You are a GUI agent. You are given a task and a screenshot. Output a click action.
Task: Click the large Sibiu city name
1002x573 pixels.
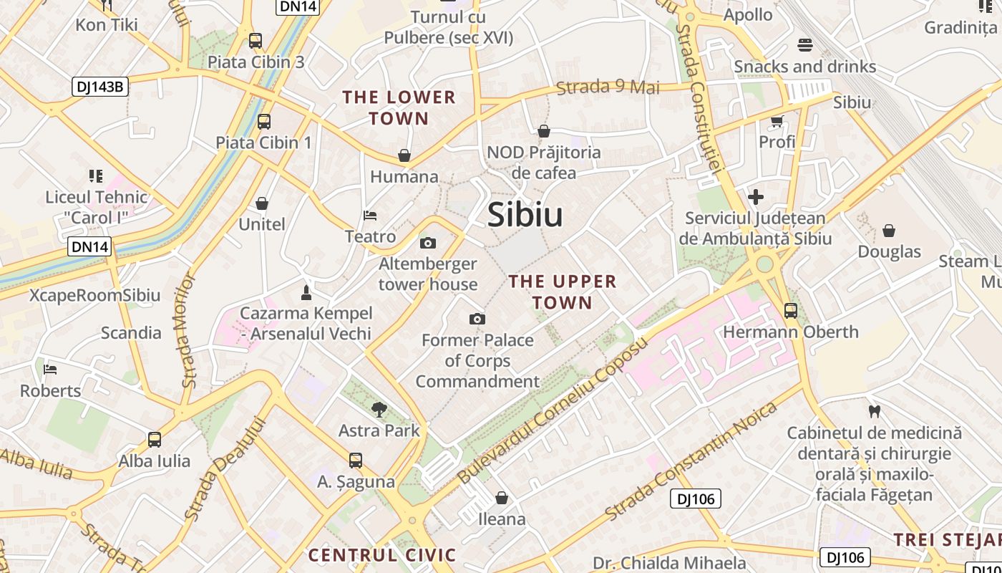pyautogui.click(x=525, y=215)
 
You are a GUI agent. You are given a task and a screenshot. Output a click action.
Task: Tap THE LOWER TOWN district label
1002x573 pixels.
pyautogui.click(x=399, y=107)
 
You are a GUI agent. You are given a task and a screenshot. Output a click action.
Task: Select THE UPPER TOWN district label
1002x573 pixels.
pyautogui.click(x=563, y=292)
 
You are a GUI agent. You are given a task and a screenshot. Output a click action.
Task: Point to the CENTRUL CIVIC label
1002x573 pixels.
pyautogui.click(x=381, y=555)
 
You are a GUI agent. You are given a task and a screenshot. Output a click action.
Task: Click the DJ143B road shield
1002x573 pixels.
pyautogui.click(x=100, y=87)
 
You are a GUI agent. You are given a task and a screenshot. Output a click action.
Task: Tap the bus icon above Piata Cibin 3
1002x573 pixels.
pyautogui.click(x=256, y=41)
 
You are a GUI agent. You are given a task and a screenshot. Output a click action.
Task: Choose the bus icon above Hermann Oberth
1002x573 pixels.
pyautogui.click(x=791, y=311)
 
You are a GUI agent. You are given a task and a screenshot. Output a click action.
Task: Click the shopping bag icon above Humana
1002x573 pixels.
pyautogui.click(x=404, y=155)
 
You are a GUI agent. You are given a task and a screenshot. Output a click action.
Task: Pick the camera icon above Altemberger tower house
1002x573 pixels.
pyautogui.click(x=428, y=243)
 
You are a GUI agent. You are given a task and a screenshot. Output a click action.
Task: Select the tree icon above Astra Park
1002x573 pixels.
pyautogui.click(x=379, y=410)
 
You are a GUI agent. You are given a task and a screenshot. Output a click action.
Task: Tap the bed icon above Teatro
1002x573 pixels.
pyautogui.click(x=370, y=215)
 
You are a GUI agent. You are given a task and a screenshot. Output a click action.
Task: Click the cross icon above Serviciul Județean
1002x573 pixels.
pyautogui.click(x=756, y=197)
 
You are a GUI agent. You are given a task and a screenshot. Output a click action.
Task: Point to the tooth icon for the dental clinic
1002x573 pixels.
pyautogui.click(x=873, y=411)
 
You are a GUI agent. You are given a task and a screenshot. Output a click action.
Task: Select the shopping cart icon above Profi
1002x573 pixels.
pyautogui.click(x=777, y=121)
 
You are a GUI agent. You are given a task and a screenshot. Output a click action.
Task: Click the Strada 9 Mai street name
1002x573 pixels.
pyautogui.click(x=608, y=87)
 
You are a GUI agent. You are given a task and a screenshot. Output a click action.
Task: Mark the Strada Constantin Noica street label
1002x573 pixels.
pyautogui.click(x=691, y=462)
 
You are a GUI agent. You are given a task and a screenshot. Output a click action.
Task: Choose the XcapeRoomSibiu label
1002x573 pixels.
pyautogui.click(x=94, y=296)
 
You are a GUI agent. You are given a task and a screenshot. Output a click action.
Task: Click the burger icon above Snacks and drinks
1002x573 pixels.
pyautogui.click(x=804, y=45)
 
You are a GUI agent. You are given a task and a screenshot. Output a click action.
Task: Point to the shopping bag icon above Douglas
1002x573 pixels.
pyautogui.click(x=889, y=231)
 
